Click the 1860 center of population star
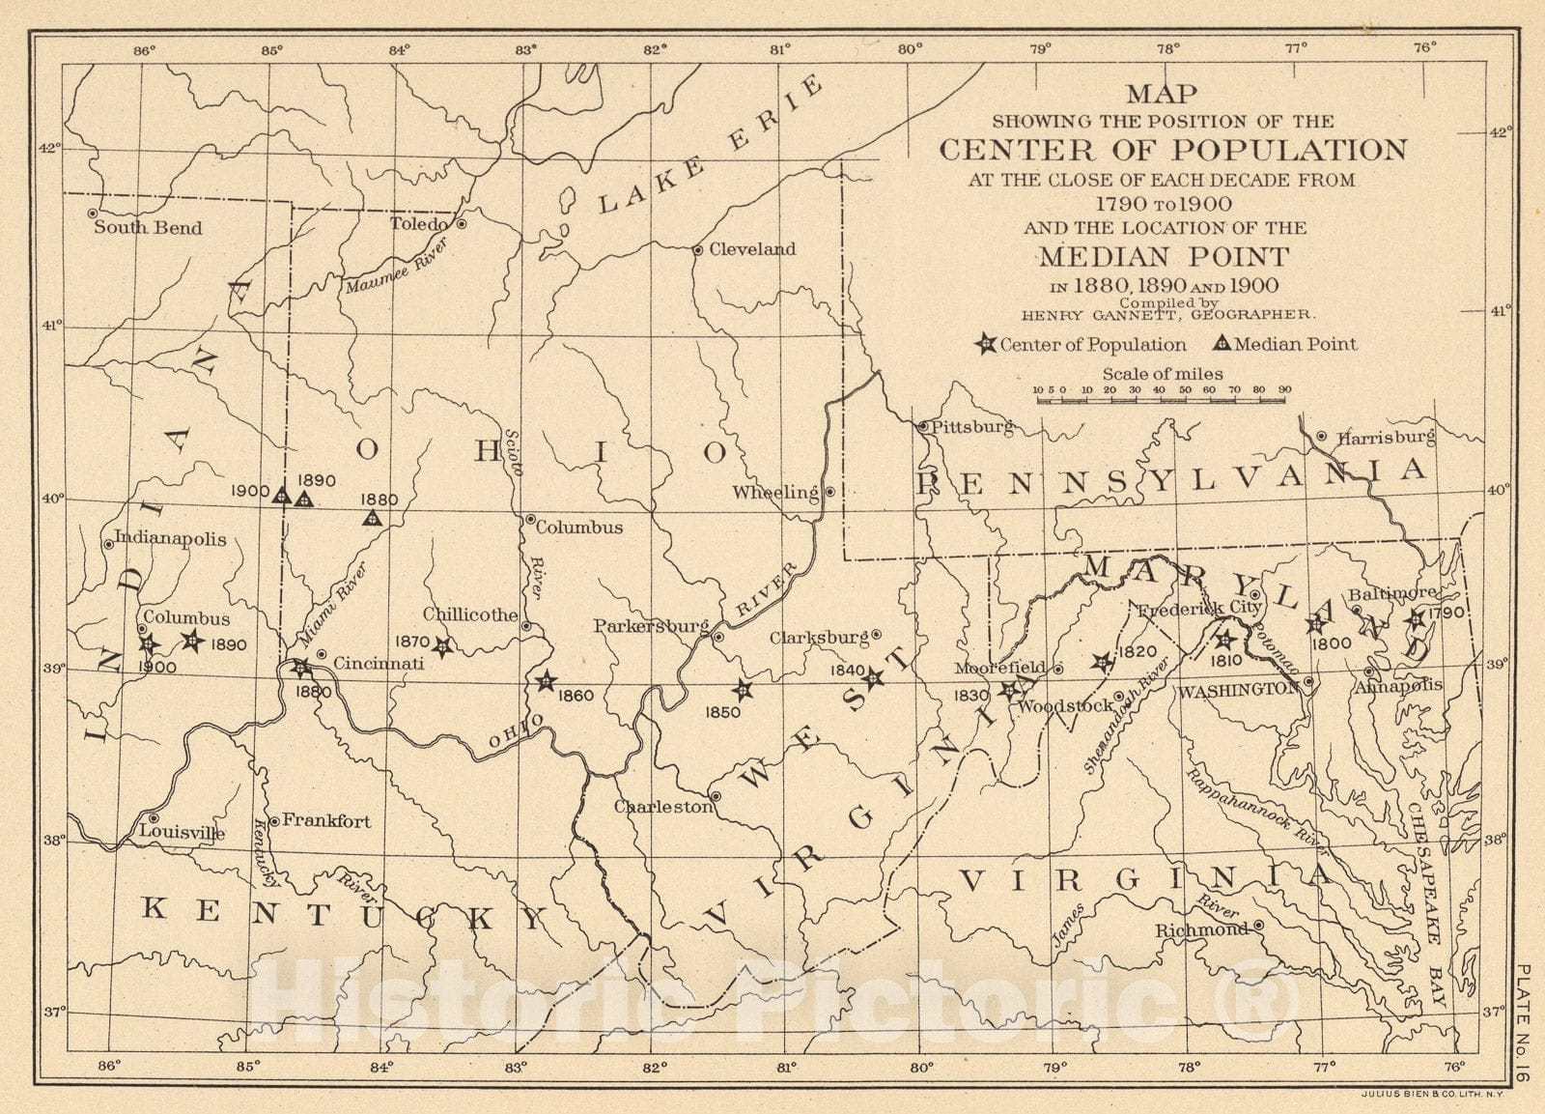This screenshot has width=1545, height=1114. point(547,681)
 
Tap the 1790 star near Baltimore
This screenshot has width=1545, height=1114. point(1416,618)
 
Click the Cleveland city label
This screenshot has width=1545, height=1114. point(752,249)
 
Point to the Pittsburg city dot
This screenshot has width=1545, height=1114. point(923,425)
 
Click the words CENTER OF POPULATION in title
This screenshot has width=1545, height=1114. point(1173,150)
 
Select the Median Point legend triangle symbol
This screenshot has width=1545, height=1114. point(1222,344)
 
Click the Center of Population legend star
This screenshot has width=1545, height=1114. point(986,344)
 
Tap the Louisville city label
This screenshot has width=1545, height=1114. point(183,832)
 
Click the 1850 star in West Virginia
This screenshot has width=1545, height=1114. point(742,690)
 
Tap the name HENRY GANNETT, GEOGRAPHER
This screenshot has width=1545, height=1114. point(1167,314)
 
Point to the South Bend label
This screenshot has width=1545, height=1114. point(148,228)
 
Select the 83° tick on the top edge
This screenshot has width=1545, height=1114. point(526,48)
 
